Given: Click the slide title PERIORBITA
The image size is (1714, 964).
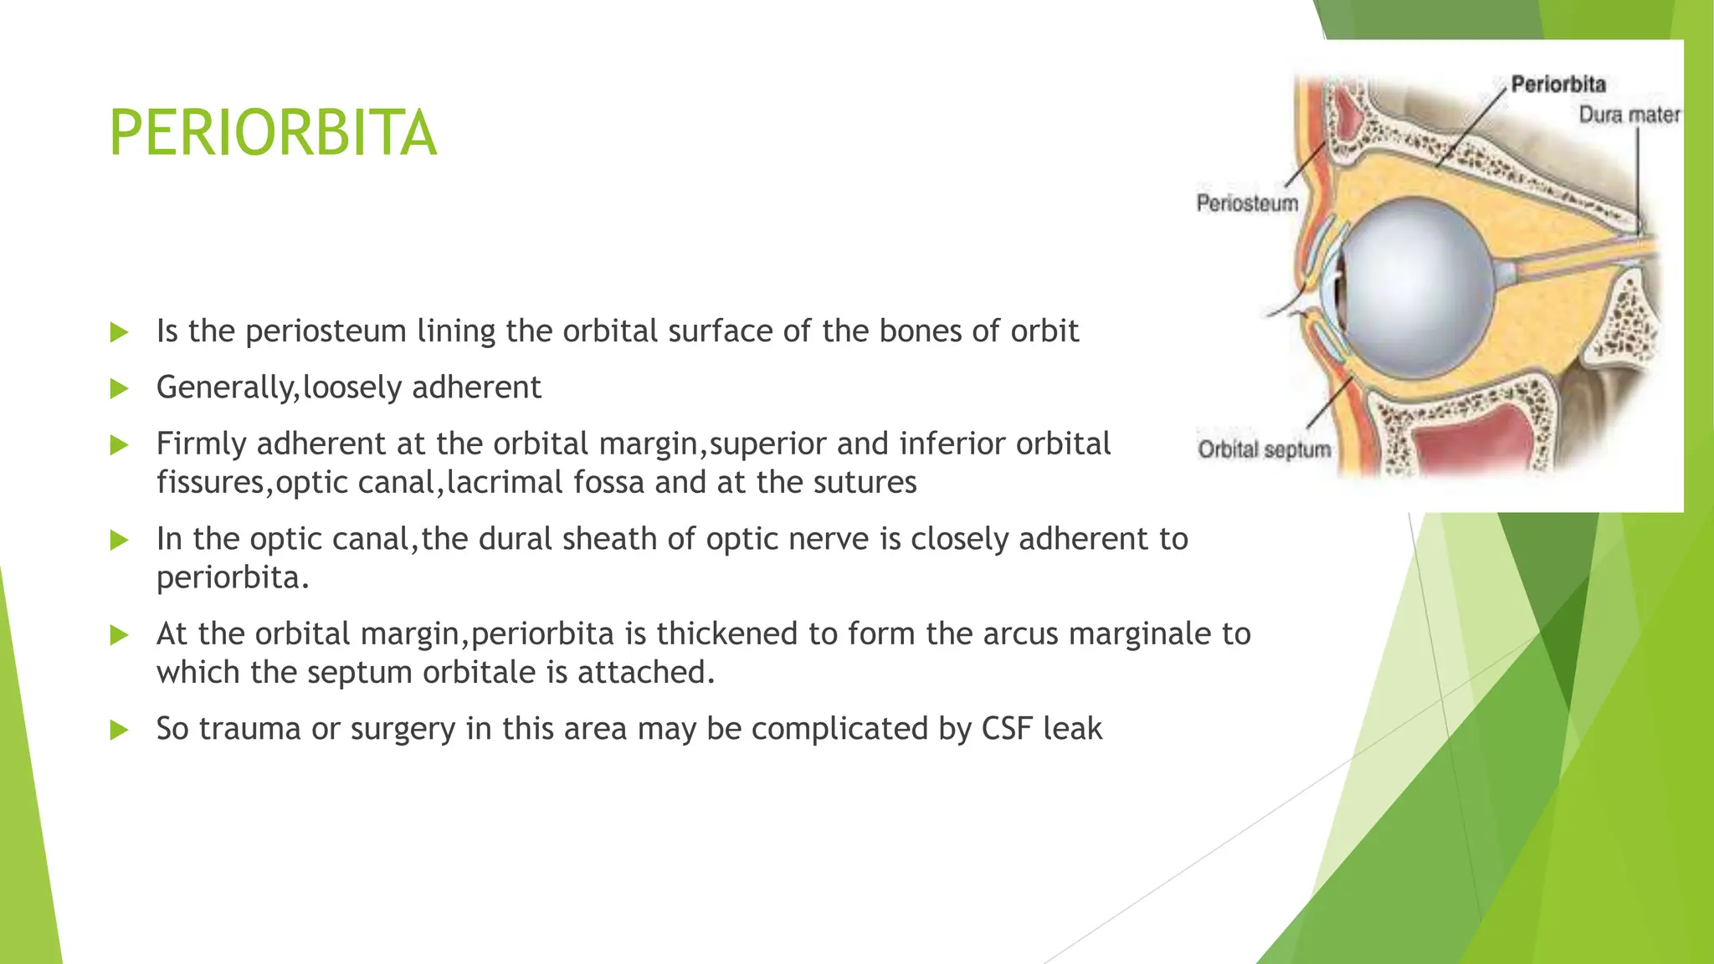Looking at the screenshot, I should [x=273, y=133].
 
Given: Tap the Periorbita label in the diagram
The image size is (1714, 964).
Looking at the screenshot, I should [x=1558, y=84].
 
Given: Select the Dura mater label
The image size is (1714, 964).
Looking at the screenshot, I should [x=1629, y=115].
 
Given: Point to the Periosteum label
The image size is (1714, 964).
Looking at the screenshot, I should [x=1247, y=203].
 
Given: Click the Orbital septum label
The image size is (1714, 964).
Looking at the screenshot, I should [x=1264, y=449].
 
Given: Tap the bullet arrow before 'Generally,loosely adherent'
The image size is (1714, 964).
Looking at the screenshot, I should [x=119, y=388].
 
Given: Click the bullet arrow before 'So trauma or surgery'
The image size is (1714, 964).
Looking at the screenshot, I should [x=119, y=730].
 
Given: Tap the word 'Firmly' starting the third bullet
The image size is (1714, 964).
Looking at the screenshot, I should [x=201, y=444].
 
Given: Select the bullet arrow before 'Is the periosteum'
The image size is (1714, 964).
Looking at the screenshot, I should [x=119, y=332].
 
